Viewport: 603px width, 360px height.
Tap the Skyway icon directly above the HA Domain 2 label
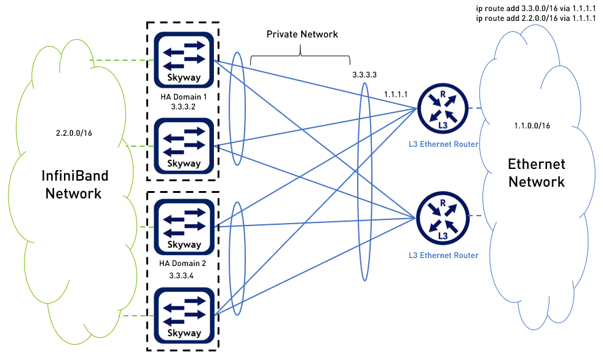[184, 226]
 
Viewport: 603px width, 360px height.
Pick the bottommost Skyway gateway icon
[184, 313]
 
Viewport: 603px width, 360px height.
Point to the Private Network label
[302, 34]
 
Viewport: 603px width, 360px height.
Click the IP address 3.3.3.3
[364, 74]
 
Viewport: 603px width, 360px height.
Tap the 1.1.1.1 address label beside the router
[396, 94]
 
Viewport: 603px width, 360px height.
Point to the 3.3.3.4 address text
[181, 275]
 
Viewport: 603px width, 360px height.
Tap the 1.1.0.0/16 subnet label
[532, 125]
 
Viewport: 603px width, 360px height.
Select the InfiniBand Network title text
[74, 185]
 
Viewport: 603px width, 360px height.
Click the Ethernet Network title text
[536, 173]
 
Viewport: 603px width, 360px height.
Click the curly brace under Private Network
[300, 57]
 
